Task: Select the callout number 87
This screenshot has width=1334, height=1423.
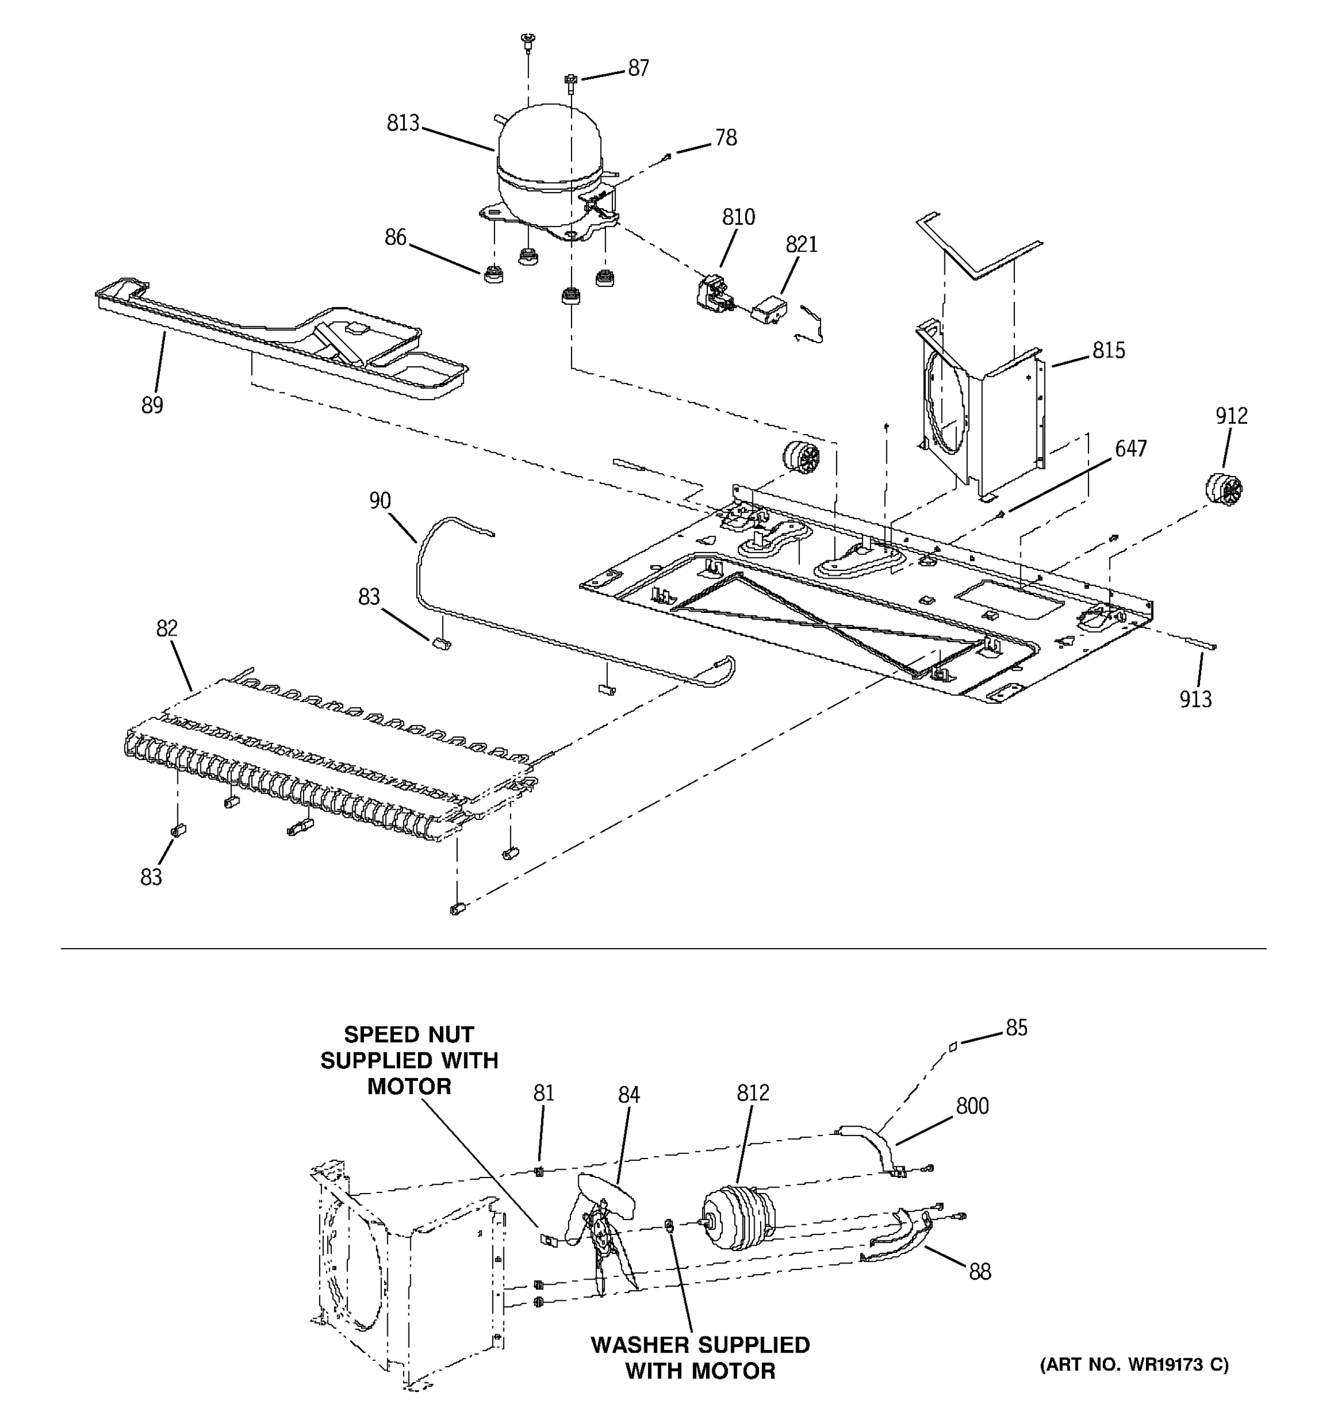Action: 639,68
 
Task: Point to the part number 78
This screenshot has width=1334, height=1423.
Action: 726,138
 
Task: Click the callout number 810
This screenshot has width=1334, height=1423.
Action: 738,217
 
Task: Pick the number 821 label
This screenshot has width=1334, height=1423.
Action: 801,245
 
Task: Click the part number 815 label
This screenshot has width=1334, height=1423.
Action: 1108,350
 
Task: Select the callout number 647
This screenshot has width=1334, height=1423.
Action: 1130,449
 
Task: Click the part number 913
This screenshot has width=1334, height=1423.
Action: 1195,699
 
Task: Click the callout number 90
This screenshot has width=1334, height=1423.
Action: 380,500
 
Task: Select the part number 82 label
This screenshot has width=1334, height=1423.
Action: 166,628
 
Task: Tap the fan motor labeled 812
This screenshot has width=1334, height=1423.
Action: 733,1216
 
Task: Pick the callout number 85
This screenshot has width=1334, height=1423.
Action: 1016,1028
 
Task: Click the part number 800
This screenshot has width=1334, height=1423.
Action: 972,1106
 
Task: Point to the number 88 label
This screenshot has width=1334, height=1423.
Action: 979,1272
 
